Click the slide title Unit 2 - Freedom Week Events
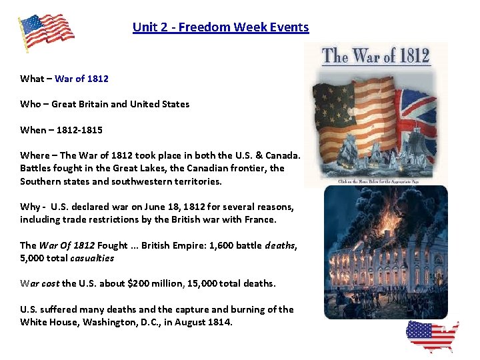click(221, 27)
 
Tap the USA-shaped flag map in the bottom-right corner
click(432, 337)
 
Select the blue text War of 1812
click(81, 79)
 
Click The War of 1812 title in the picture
click(376, 56)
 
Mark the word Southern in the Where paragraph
click(39, 181)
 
